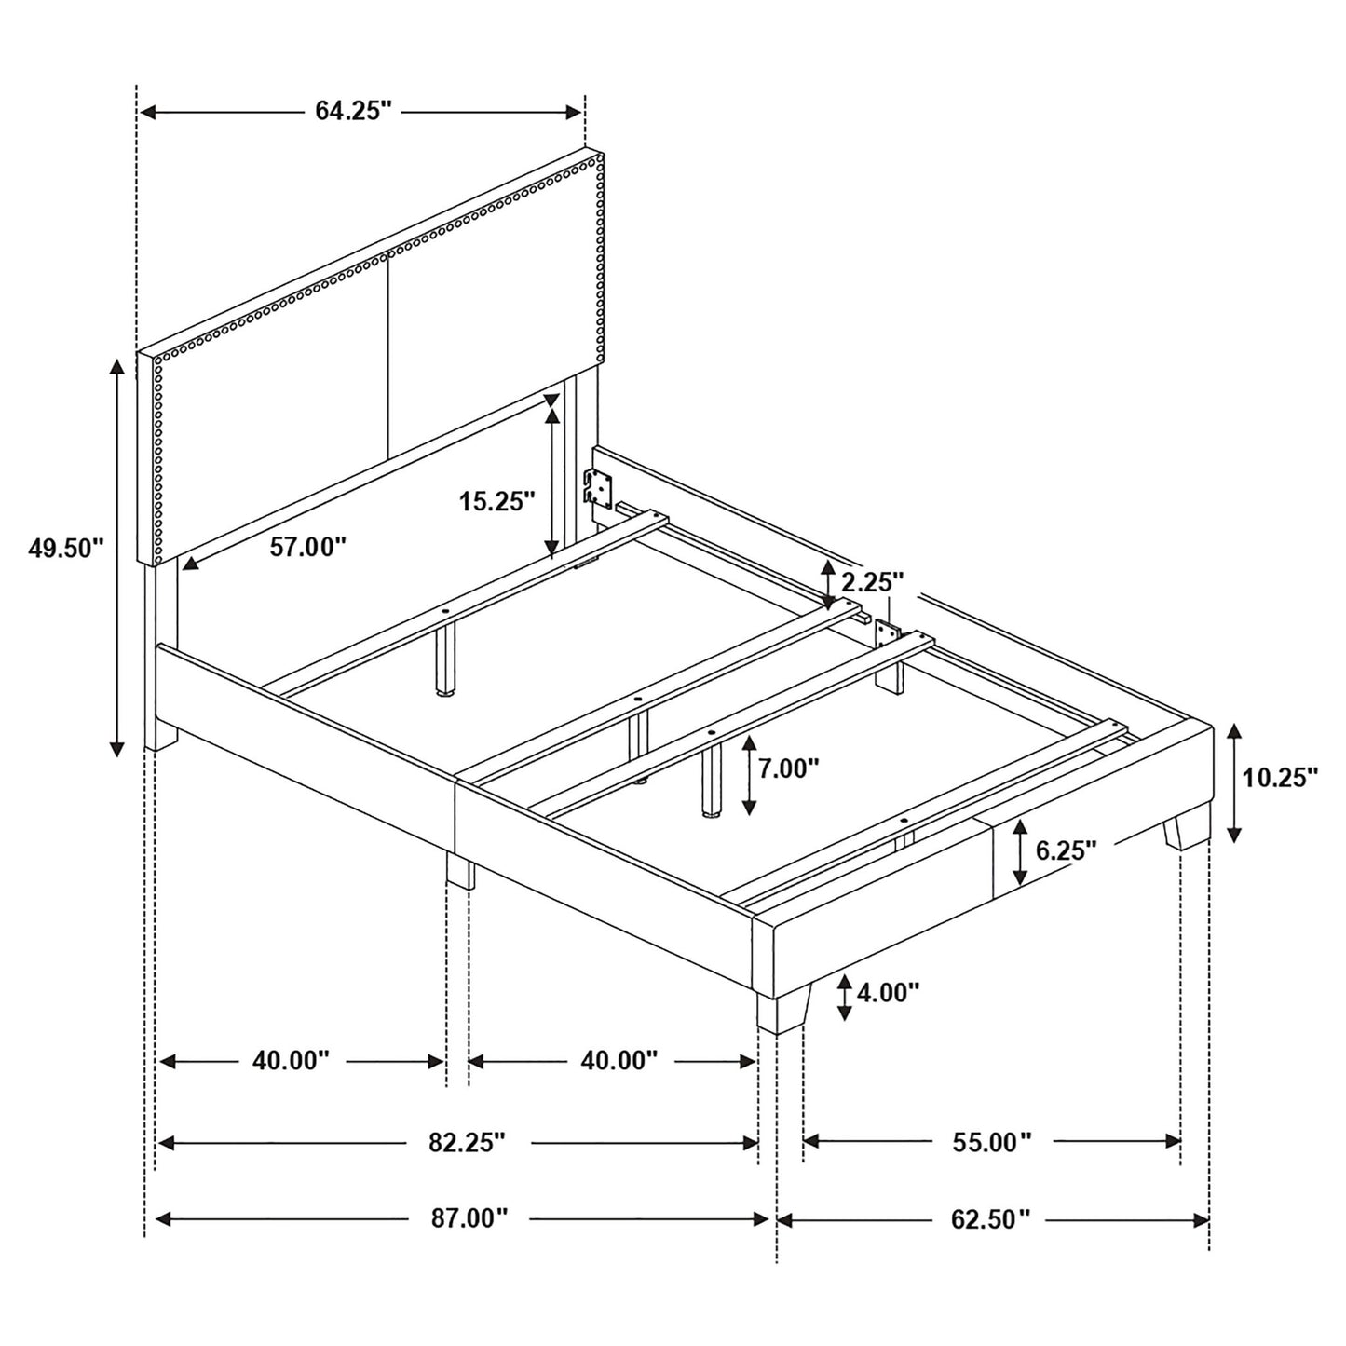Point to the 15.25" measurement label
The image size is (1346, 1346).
tap(496, 502)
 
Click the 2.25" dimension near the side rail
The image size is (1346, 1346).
tap(873, 583)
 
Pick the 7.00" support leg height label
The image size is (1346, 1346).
tap(788, 768)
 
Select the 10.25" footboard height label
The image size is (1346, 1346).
tap(1281, 777)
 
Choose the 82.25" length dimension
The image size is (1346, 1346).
tap(467, 1142)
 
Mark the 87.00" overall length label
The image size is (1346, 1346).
tap(469, 1217)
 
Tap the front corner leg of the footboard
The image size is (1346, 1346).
tap(782, 1010)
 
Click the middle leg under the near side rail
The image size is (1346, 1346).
tap(460, 870)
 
